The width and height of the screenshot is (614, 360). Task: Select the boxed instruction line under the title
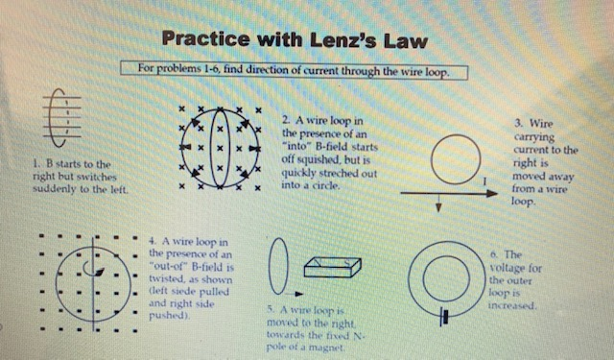tap(295, 70)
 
